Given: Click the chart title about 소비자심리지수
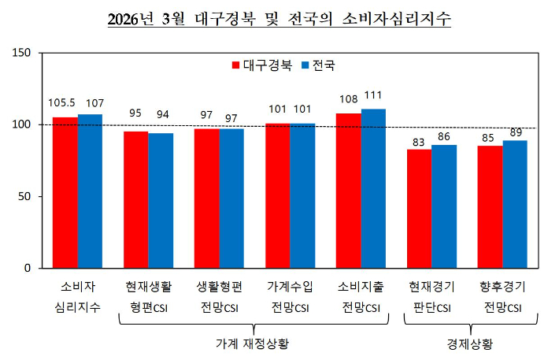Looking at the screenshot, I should tap(279, 18).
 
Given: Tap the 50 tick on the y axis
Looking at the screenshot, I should tap(25, 196).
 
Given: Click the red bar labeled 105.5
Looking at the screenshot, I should tap(65, 192).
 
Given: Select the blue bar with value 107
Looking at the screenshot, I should tap(90, 191).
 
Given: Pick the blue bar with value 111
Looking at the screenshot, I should tap(373, 188).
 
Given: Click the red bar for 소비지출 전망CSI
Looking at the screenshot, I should tap(349, 191).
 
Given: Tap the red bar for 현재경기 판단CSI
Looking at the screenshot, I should tap(420, 208).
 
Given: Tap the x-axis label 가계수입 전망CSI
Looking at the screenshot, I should tap(290, 296).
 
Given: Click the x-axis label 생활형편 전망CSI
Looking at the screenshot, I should tap(219, 296).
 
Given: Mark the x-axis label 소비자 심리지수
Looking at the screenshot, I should tap(77, 296).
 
